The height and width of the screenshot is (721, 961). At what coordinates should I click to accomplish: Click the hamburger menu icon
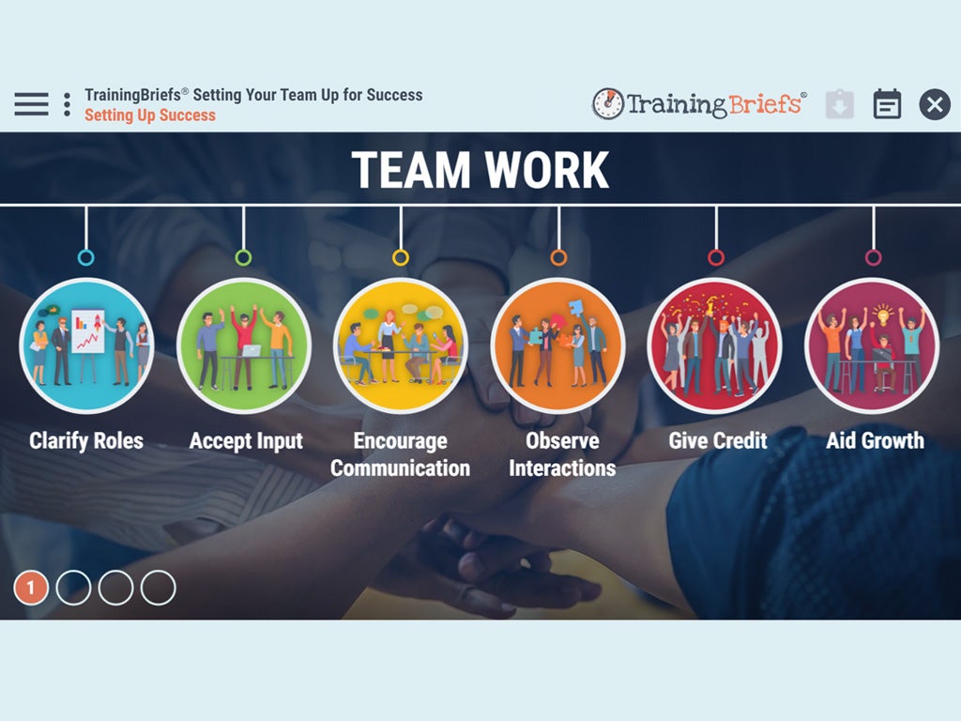click(x=31, y=104)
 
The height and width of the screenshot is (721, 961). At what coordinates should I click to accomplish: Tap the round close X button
click(x=935, y=104)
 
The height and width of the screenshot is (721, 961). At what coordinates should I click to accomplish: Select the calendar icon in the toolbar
click(x=887, y=104)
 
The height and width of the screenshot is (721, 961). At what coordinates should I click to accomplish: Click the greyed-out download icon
click(x=840, y=104)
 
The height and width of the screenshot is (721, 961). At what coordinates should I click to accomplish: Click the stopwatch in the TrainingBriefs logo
click(x=607, y=103)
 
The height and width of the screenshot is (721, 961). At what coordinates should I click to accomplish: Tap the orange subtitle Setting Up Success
click(x=150, y=115)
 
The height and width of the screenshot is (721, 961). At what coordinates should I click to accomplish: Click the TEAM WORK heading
click(x=480, y=170)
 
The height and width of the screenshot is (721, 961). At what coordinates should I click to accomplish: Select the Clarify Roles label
click(x=86, y=441)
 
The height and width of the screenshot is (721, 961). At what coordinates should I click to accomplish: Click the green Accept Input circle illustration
click(x=244, y=345)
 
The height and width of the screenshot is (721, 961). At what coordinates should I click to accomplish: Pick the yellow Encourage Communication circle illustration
click(x=401, y=345)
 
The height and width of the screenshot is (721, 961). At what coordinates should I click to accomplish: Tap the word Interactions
click(x=562, y=468)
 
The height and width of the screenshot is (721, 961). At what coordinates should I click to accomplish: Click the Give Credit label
click(x=718, y=440)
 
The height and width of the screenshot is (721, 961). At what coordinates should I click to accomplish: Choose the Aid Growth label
click(x=875, y=440)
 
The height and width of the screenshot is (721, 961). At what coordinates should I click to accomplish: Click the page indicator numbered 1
click(x=31, y=588)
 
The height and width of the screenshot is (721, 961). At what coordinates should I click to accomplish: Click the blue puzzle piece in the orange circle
click(x=575, y=307)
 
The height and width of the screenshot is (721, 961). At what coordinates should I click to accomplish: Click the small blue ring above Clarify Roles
click(x=86, y=257)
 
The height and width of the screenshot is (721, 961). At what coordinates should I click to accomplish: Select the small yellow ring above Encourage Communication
click(x=401, y=257)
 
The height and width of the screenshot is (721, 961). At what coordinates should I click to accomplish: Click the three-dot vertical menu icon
click(x=67, y=104)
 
